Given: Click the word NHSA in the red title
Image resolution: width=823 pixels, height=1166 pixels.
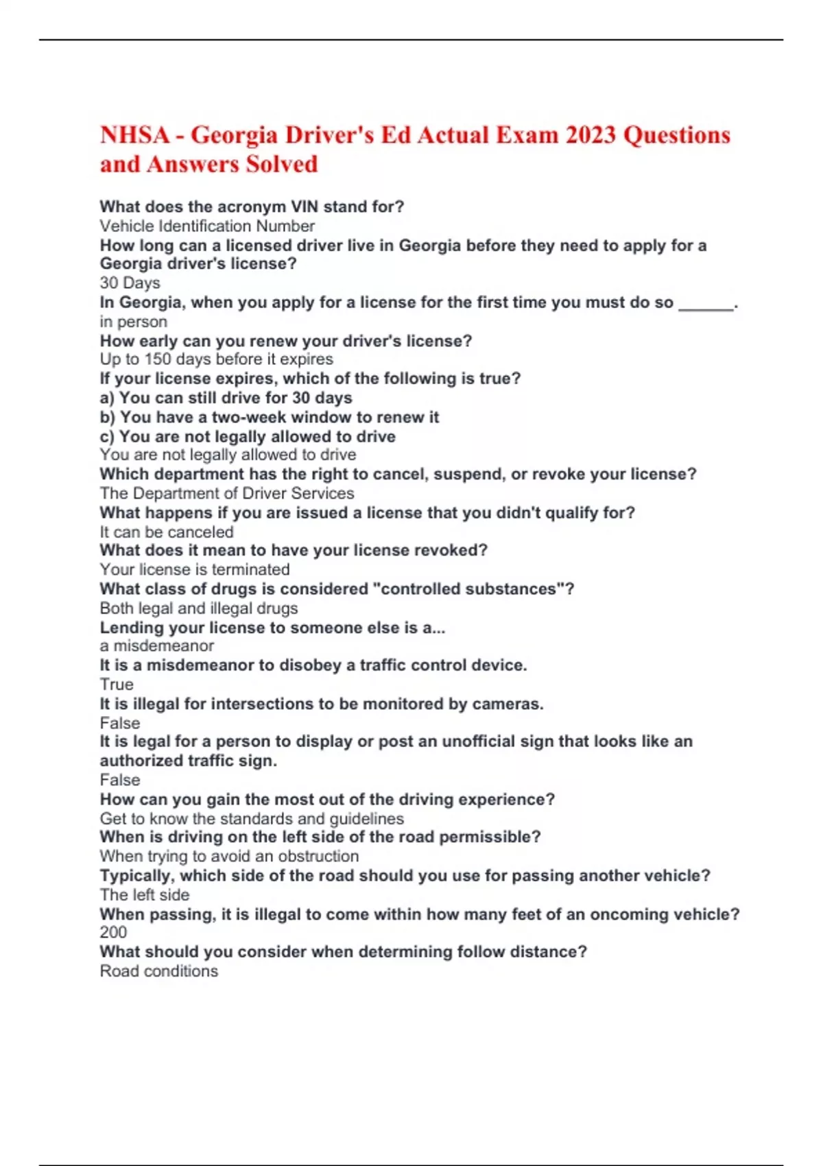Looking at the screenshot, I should tap(134, 135).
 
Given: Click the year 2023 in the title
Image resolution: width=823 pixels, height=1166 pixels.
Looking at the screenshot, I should tap(590, 135).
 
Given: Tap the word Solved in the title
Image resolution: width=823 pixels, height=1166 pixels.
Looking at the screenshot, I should tap(282, 165).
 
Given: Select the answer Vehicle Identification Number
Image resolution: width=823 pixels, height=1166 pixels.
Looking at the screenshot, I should tap(207, 226).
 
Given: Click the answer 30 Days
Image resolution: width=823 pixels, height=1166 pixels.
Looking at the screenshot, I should tap(130, 283).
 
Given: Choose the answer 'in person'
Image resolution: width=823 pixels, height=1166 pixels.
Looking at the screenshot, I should tap(133, 322).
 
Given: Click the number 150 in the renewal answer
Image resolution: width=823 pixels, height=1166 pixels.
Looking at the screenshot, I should tap(158, 359).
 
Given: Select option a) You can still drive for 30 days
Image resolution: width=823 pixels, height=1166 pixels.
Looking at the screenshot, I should tap(226, 398).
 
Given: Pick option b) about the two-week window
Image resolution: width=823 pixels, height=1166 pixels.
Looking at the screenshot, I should tap(269, 417).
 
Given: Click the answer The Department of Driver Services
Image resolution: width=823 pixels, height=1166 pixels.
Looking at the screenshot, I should tap(227, 493).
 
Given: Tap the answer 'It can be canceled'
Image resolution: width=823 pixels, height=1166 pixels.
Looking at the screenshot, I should tap(167, 532).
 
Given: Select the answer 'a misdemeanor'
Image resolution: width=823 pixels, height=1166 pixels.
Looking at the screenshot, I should tap(156, 646).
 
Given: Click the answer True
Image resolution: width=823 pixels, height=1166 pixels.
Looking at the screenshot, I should tap(117, 685).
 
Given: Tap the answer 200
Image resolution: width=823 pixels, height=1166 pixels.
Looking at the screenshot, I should tap(113, 933).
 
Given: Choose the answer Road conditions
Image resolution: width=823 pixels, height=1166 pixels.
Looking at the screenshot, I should tap(158, 971).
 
